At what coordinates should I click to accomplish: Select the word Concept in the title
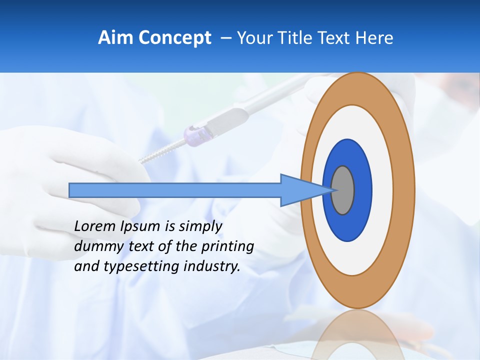click(174, 38)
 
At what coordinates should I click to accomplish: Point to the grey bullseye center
click(343, 190)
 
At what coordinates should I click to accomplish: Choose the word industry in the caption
click(211, 267)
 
